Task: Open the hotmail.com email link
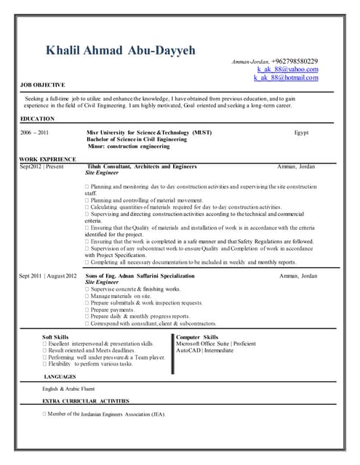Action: point(286,77)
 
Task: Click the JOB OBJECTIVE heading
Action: point(43,85)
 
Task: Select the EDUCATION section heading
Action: point(38,118)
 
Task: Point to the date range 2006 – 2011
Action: point(34,133)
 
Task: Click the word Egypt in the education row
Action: point(301,133)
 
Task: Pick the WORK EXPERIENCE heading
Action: point(47,158)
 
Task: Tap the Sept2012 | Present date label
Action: point(41,166)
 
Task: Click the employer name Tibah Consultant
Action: point(141,166)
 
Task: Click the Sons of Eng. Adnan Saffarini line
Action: point(140,276)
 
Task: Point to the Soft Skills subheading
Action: point(56,337)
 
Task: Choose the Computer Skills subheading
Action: point(197,337)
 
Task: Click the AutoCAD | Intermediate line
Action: point(205,350)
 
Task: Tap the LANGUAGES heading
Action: point(60,377)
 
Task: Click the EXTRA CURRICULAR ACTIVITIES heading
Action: point(86,401)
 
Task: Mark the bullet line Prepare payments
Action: point(119,309)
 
